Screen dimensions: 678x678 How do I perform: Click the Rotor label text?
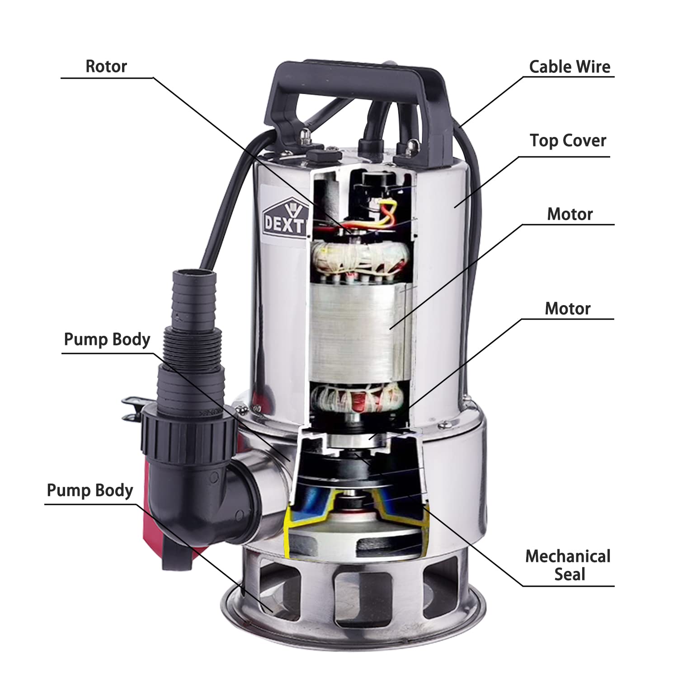(x=106, y=66)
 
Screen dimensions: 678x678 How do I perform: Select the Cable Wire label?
(x=570, y=67)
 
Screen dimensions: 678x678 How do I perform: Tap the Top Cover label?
(x=568, y=141)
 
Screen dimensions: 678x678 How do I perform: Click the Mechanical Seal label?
(x=568, y=565)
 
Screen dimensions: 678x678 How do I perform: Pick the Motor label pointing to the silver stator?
(x=570, y=214)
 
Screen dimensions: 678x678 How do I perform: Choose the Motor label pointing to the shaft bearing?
(x=568, y=309)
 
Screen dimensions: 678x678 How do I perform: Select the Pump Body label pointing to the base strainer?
(x=90, y=490)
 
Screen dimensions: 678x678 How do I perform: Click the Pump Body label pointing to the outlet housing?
(x=107, y=339)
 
